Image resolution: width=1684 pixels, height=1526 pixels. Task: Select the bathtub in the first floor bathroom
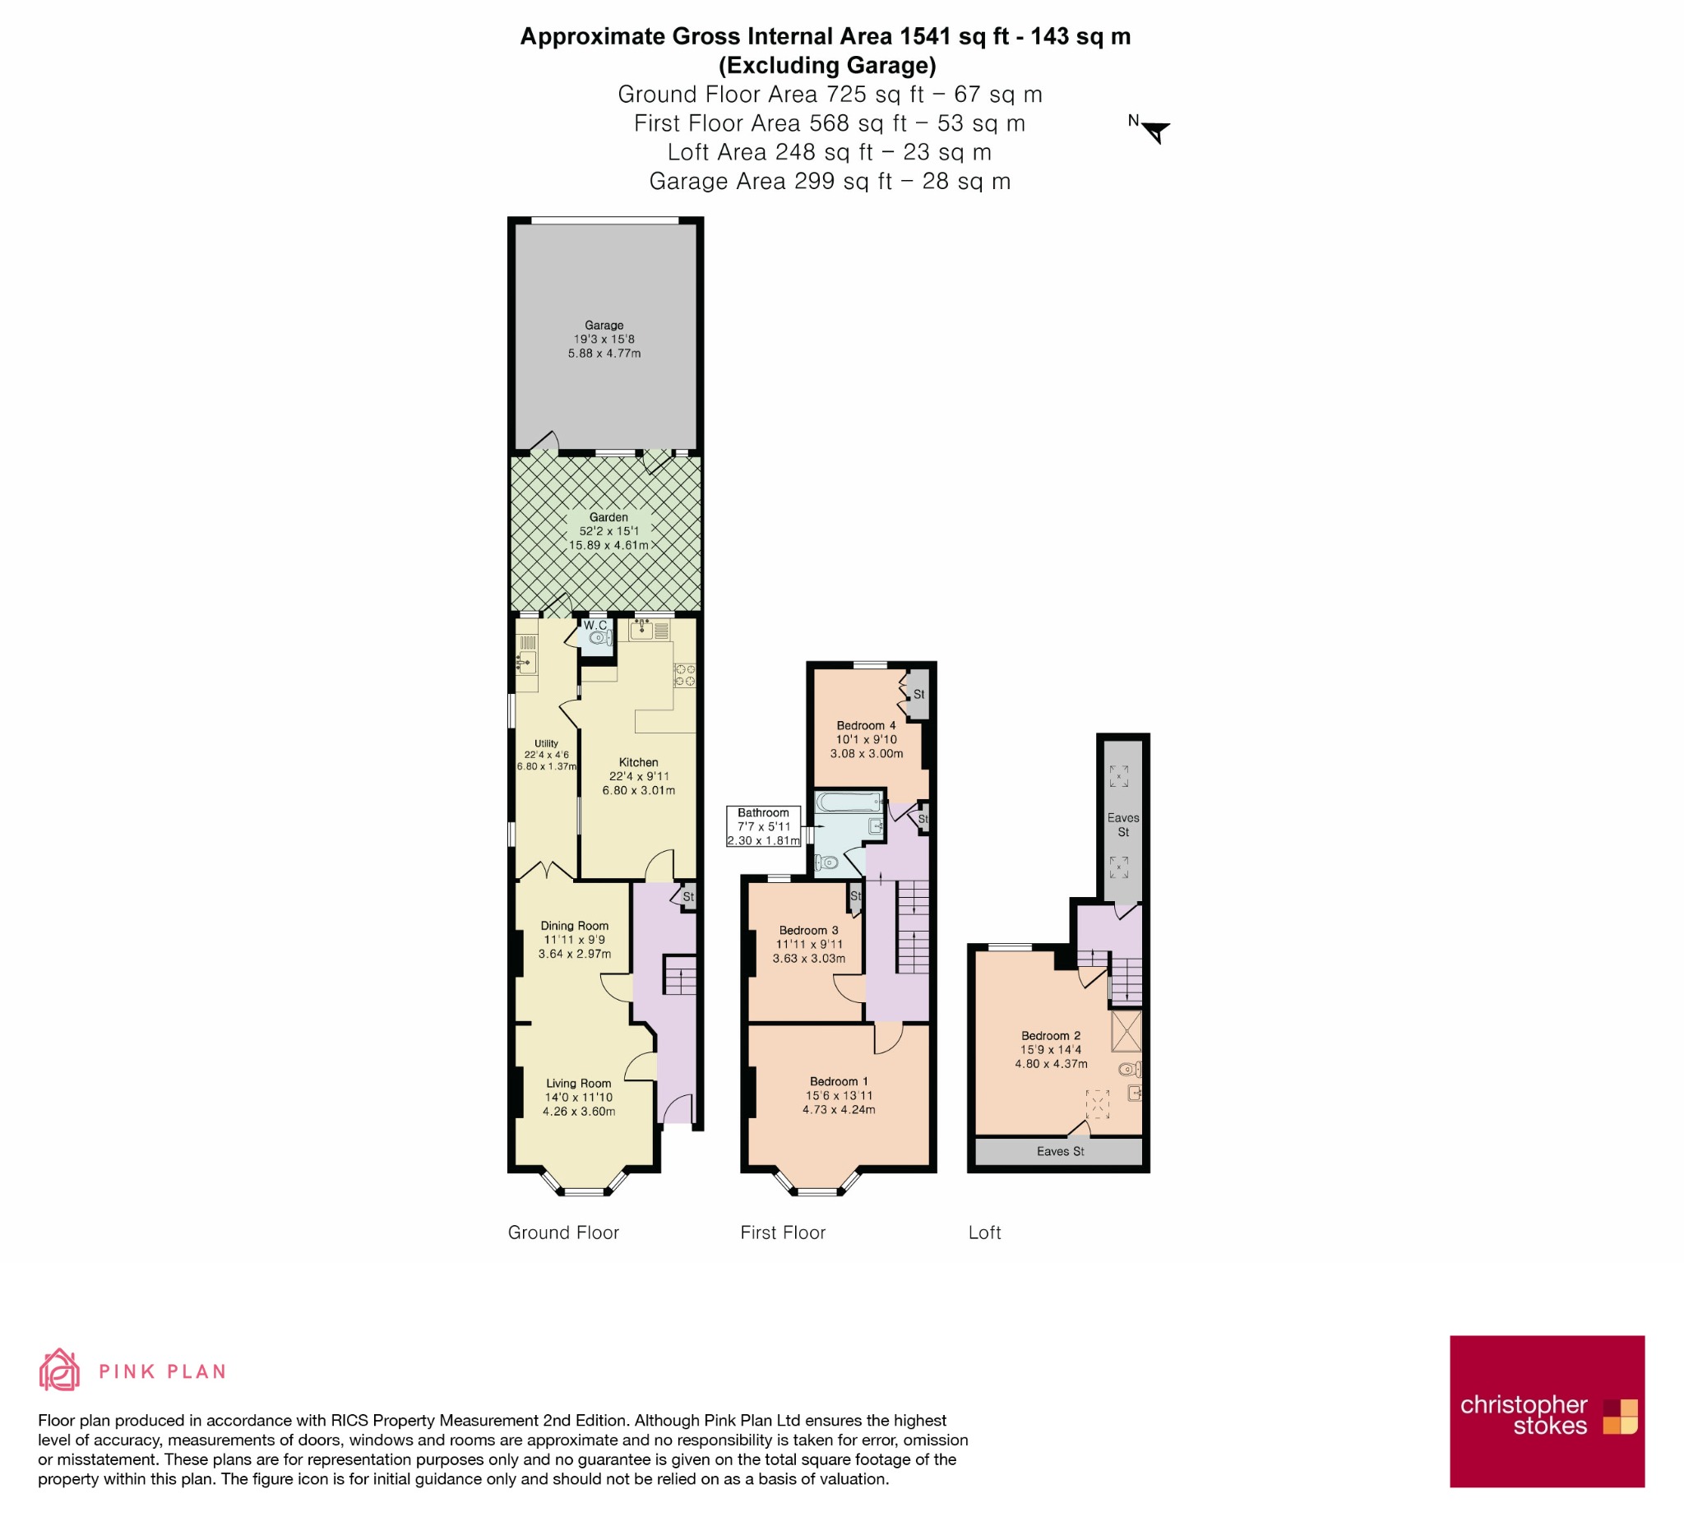pyautogui.click(x=849, y=802)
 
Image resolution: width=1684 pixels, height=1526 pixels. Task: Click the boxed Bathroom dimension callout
pyautogui.click(x=764, y=827)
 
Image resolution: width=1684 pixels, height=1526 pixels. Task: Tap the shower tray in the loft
pyautogui.click(x=1126, y=1032)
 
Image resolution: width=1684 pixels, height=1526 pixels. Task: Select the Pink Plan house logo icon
pyautogui.click(x=59, y=1371)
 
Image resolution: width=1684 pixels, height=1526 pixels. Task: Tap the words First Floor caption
pyautogui.click(x=783, y=1232)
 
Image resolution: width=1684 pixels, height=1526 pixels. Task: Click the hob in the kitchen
pyautogui.click(x=685, y=675)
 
